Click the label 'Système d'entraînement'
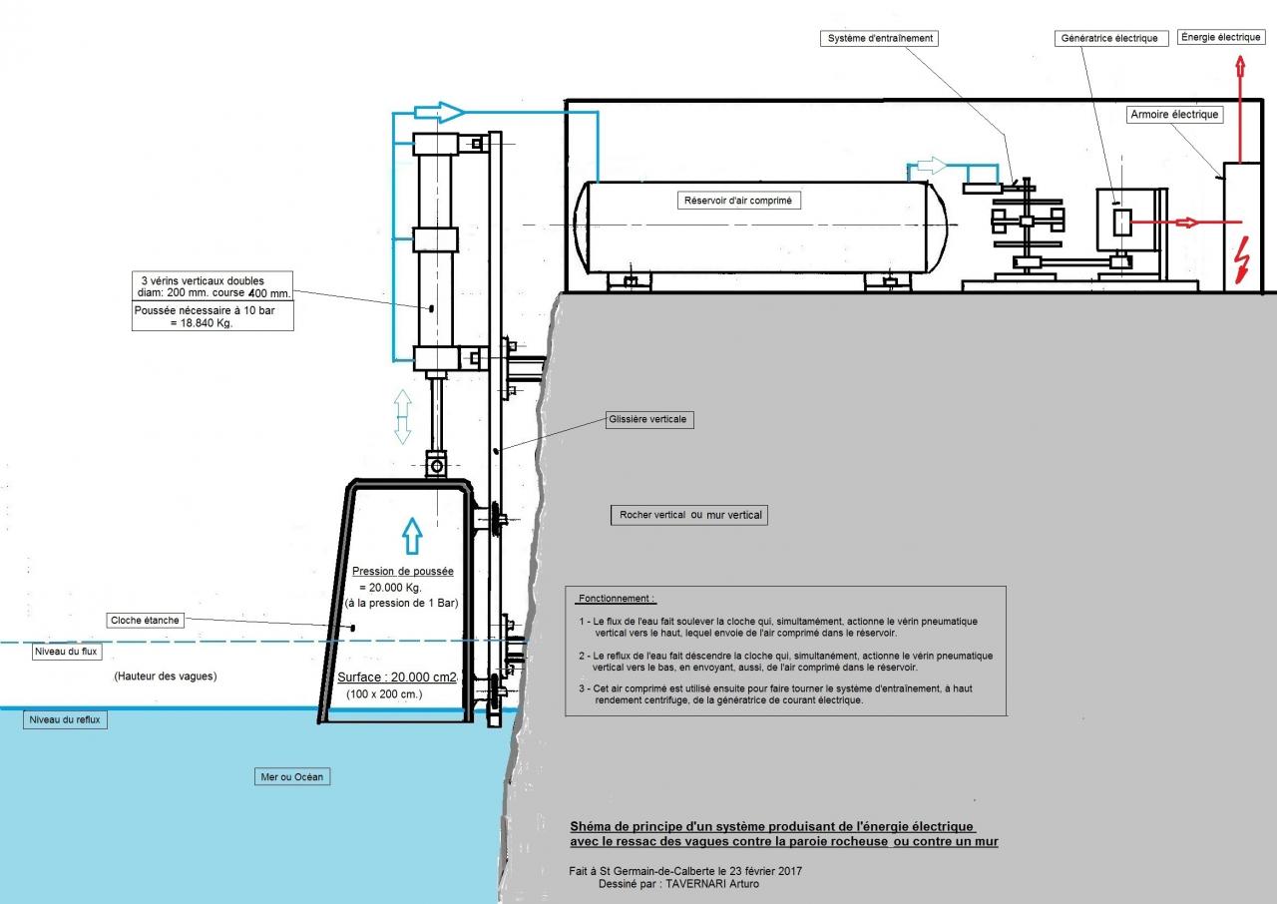(879, 38)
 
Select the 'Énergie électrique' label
(1220, 37)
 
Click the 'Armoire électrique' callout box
(1174, 115)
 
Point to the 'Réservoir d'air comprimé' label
(738, 201)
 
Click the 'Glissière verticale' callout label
(649, 419)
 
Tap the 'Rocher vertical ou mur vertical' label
(689, 515)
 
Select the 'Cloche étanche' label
(145, 621)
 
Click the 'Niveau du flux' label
(66, 652)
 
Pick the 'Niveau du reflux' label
(65, 719)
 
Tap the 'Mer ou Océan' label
(292, 777)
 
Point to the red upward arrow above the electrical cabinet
(1240, 109)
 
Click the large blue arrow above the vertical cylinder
(439, 112)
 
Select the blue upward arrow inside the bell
(412, 536)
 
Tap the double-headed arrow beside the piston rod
(402, 417)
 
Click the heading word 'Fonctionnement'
(615, 599)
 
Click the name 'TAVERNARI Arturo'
(712, 884)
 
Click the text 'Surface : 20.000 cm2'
(397, 678)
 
